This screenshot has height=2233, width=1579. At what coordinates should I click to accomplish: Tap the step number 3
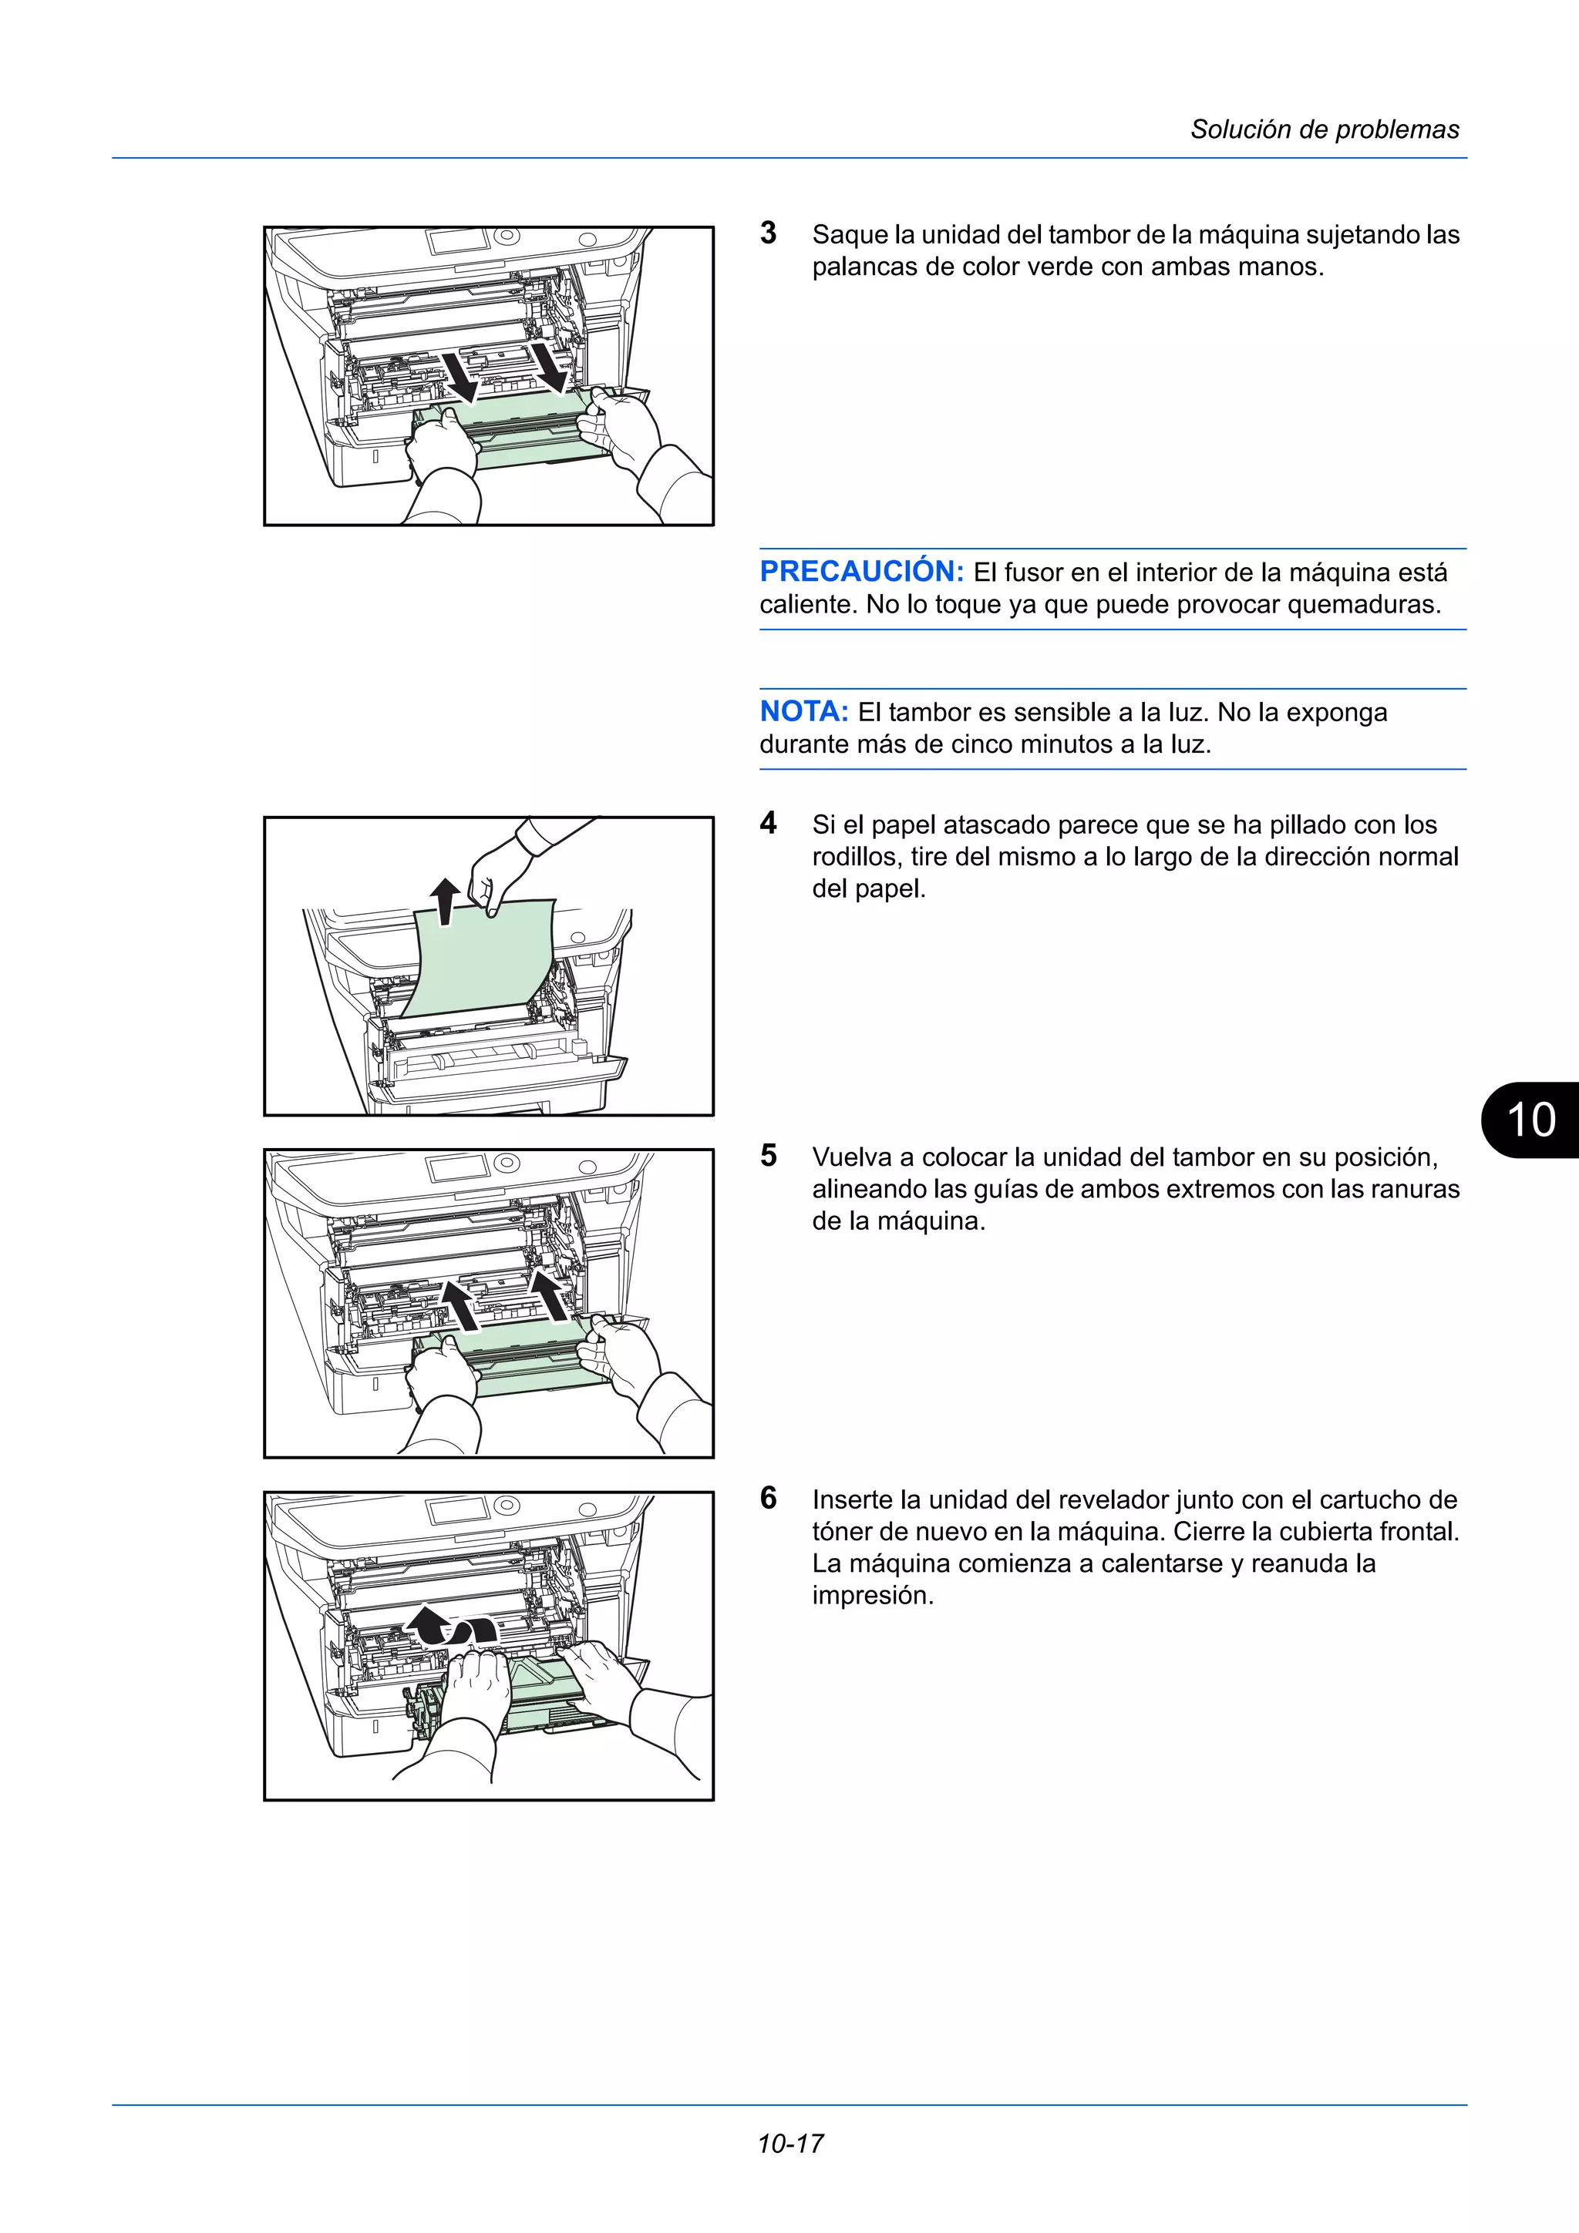(x=769, y=233)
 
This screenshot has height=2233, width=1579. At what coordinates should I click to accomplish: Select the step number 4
(x=769, y=823)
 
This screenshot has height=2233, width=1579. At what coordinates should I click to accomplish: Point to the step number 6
(x=769, y=1498)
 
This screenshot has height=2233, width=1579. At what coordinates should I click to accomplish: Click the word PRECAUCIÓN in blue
(x=861, y=571)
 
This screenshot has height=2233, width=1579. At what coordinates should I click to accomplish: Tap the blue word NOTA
(x=803, y=711)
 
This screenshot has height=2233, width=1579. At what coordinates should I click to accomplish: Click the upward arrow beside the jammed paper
(x=445, y=900)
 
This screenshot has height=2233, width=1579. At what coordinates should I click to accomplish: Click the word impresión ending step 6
(x=872, y=1595)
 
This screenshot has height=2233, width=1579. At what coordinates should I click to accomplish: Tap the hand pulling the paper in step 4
(x=501, y=868)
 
